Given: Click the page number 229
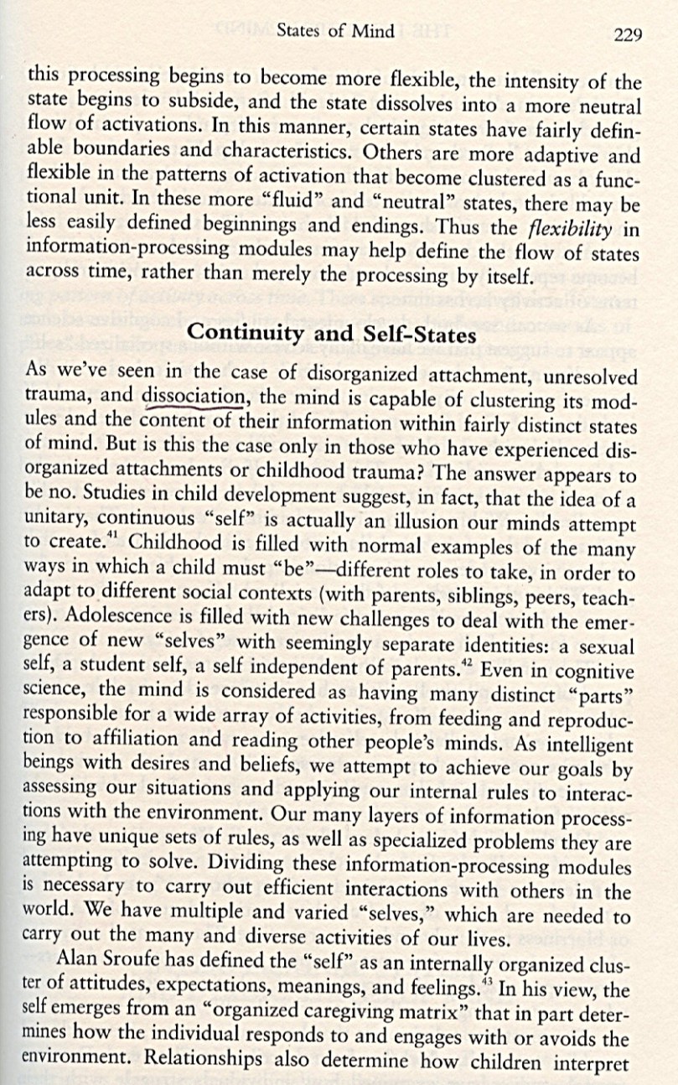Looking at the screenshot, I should (x=628, y=34).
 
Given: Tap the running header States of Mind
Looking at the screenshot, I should (x=334, y=32).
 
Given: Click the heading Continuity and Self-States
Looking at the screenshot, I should (x=332, y=332).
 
